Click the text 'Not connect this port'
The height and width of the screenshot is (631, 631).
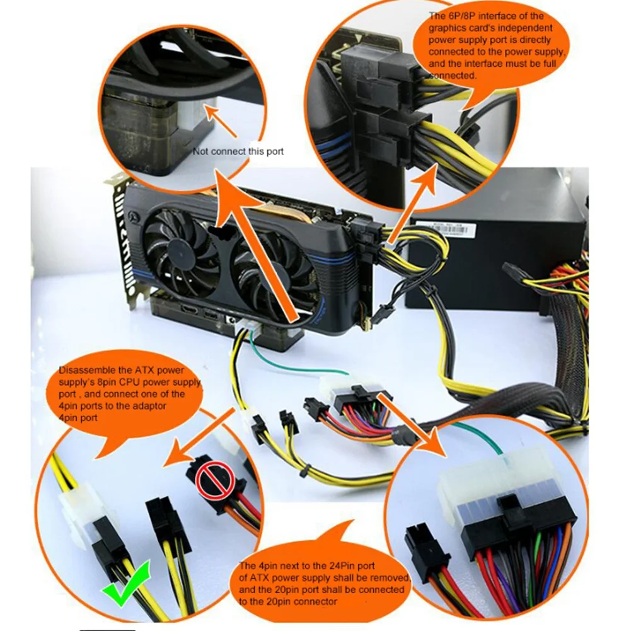pos(238,151)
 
